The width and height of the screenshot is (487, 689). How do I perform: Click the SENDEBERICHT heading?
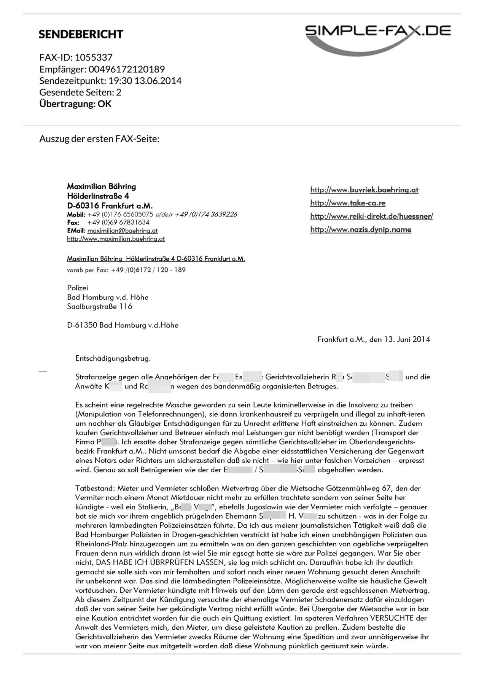pos(81,34)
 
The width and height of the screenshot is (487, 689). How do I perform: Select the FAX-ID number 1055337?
pos(94,57)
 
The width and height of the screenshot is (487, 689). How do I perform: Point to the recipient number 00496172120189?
pos(127,69)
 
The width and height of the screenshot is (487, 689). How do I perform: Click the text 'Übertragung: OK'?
pos(75,104)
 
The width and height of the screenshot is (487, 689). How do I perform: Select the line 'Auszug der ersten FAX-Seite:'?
pos(99,138)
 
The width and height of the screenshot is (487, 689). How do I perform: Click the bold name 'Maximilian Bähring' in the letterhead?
pos(101,186)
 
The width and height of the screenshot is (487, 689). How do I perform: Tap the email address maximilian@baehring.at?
pos(123,231)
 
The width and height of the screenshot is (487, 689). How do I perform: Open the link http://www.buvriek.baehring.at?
pos(364,190)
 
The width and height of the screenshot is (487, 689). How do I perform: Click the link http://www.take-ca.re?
pos(348,203)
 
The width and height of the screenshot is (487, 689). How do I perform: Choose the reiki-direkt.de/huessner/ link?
pos(371,216)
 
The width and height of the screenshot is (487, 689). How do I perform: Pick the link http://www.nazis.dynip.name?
pos(361,229)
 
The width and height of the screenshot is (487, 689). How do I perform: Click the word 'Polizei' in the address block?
pos(77,288)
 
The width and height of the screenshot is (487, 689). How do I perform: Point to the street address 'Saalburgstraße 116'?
pos(100,307)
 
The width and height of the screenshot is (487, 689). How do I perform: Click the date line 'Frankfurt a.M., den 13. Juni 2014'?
pos(374,339)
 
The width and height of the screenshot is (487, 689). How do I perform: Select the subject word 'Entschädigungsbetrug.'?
pos(113,358)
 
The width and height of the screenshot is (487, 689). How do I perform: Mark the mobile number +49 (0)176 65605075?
pos(120,215)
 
